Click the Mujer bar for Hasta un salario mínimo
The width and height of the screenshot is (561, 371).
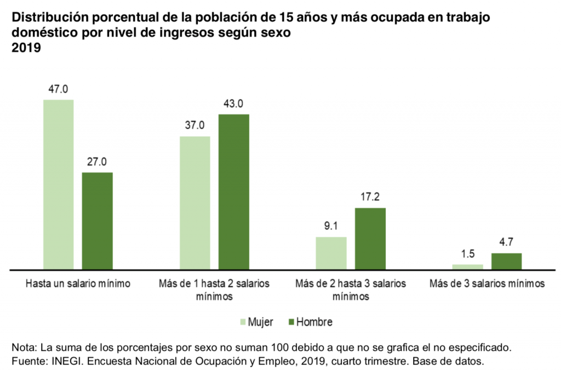(58, 184)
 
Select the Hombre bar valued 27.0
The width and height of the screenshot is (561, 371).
(98, 221)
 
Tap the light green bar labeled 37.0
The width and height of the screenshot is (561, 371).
(194, 202)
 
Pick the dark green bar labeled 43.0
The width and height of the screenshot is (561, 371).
(234, 192)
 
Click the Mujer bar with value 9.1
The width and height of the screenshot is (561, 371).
(331, 253)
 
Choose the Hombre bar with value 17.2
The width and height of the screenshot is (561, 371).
(370, 239)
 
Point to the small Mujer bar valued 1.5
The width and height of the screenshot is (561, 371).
(467, 266)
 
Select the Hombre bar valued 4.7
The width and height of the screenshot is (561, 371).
(507, 261)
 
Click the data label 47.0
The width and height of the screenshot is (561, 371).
(58, 89)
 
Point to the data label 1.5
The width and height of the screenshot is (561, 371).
(467, 253)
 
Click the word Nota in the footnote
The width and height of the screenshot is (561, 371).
(22, 347)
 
